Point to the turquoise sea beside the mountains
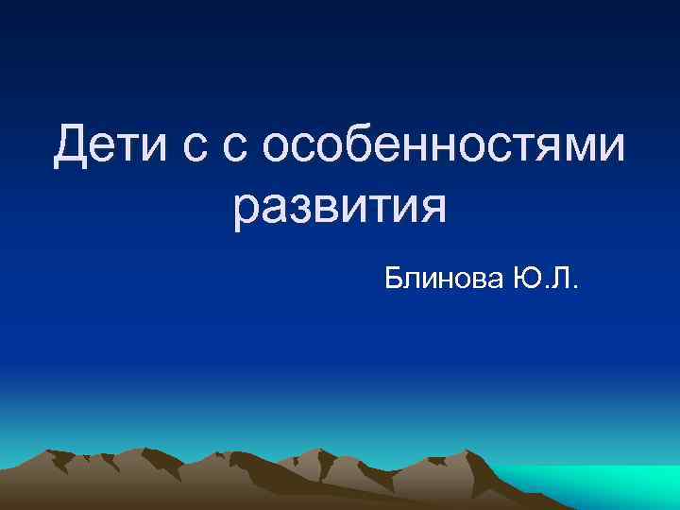[604, 486]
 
